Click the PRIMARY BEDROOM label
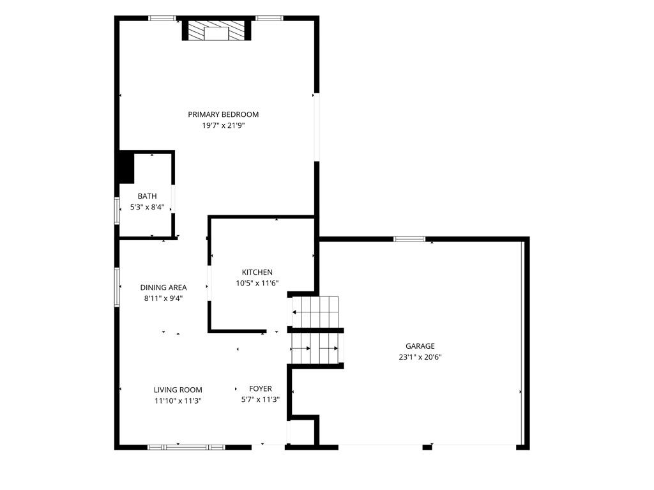(223, 114)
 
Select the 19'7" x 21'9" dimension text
(223, 125)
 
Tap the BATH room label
(148, 196)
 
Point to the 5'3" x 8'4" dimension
(148, 207)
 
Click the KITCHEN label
(257, 272)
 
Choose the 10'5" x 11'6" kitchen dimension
(257, 283)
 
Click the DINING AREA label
(163, 287)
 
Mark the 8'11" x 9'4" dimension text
(163, 298)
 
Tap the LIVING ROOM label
(178, 390)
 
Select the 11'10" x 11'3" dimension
(178, 401)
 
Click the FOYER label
(261, 388)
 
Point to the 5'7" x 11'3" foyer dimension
(261, 399)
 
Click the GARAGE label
(420, 346)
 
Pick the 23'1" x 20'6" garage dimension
(420, 357)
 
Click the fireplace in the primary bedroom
(217, 30)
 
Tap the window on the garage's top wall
(409, 239)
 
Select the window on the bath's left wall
(118, 211)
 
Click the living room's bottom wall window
(186, 447)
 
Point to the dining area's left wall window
(118, 287)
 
